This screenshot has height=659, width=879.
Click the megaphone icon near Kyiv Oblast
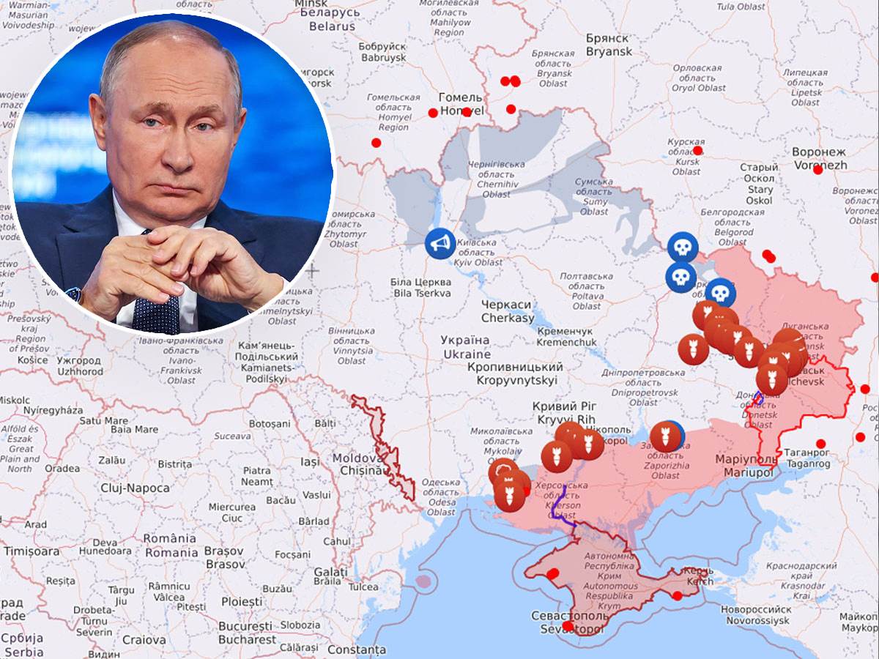coord(439,243)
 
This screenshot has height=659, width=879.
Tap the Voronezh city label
coord(819,158)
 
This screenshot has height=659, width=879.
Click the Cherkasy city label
coord(508,311)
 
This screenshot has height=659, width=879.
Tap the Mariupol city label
coord(748,466)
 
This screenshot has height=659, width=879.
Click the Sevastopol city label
coord(569,622)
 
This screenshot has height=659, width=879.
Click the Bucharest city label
coord(247,633)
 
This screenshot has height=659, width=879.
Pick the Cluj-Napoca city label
coord(136,488)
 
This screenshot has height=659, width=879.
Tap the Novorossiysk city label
coord(755,614)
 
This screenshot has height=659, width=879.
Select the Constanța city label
coord(356,649)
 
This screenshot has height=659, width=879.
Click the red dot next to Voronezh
coord(817,170)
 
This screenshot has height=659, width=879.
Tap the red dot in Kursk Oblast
coord(697,151)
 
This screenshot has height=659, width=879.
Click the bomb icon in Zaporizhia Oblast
coord(665,436)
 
